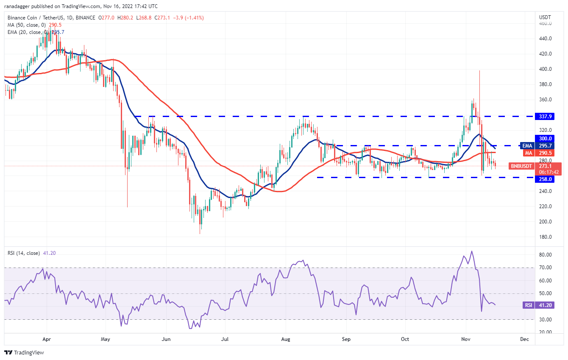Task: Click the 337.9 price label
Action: [x=546, y=116]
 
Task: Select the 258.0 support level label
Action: [x=546, y=179]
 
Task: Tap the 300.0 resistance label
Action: [x=546, y=138]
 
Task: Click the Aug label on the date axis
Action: [x=286, y=339]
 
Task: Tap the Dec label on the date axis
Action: [x=524, y=339]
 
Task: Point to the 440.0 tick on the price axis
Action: [x=545, y=39]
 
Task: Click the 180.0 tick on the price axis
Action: [x=545, y=237]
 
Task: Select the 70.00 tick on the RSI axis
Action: [x=545, y=268]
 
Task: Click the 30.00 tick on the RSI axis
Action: [x=545, y=319]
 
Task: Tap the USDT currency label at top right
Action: [x=545, y=17]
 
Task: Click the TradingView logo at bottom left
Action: [x=24, y=352]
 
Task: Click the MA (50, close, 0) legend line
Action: [x=30, y=25]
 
